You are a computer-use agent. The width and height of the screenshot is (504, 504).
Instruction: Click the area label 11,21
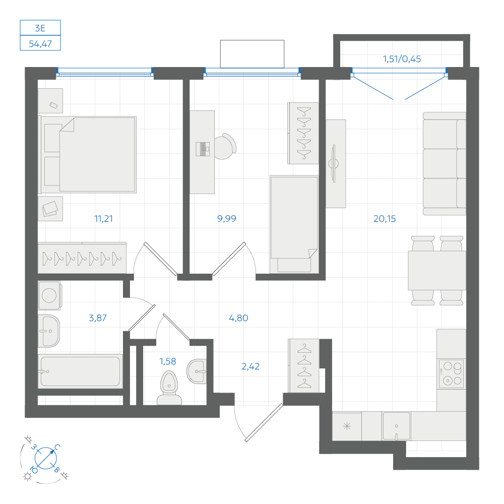[x=103, y=219]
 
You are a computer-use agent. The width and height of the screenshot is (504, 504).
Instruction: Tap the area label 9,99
[x=227, y=219]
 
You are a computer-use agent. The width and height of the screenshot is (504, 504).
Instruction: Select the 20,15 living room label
[x=385, y=219]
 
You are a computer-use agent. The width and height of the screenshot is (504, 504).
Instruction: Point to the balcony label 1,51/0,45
[x=402, y=59]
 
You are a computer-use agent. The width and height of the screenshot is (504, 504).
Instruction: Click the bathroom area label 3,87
[x=98, y=318]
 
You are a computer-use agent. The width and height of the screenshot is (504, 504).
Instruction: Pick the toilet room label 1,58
[x=168, y=361]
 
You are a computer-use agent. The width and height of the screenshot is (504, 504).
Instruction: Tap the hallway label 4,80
[x=238, y=318]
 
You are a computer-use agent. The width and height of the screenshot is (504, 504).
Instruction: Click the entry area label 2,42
[x=250, y=366]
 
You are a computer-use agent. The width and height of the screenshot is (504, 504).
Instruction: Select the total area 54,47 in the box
[x=40, y=44]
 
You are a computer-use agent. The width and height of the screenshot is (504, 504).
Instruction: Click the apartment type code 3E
[x=40, y=28]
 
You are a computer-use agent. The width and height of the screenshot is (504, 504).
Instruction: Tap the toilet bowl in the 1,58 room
[x=169, y=388]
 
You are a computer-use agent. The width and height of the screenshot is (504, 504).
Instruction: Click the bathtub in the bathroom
[x=80, y=371]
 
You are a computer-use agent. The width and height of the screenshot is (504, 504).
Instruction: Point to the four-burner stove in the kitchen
[x=452, y=373]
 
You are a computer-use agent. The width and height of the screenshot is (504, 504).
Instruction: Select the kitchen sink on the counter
[x=396, y=426]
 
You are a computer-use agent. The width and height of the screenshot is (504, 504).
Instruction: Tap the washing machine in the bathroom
[x=49, y=295]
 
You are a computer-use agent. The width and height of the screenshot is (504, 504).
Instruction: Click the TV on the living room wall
[x=334, y=164]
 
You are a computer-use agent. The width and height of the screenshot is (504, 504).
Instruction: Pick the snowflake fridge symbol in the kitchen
[x=347, y=426]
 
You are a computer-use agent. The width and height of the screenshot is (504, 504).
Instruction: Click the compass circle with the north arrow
[x=46, y=458]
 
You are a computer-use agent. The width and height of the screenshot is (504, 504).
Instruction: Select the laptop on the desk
[x=203, y=149]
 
